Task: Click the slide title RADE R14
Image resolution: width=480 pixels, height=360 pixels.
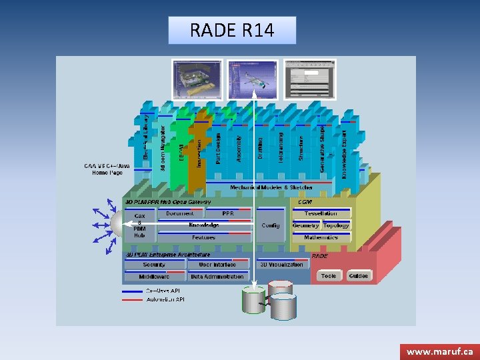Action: click(x=231, y=31)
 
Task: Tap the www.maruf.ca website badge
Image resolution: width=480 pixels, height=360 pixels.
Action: click(x=439, y=351)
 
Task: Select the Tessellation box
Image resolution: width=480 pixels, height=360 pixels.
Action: click(x=321, y=213)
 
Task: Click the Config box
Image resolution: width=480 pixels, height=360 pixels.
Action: click(x=271, y=225)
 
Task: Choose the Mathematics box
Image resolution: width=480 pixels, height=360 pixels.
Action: click(x=321, y=237)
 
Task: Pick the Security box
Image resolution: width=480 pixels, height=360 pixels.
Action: click(x=154, y=265)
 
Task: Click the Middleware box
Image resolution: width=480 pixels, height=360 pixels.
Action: click(x=154, y=276)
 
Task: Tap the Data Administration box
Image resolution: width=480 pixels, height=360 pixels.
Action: click(x=217, y=276)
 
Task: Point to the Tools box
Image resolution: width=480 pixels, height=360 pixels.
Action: click(x=329, y=276)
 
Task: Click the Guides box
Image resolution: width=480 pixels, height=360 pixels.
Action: click(x=358, y=276)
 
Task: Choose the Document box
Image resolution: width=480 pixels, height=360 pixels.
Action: click(x=180, y=213)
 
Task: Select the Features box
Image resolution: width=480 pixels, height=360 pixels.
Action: click(x=203, y=237)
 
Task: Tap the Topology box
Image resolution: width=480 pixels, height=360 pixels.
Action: click(x=336, y=225)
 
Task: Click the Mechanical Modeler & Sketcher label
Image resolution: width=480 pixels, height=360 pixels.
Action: click(x=271, y=187)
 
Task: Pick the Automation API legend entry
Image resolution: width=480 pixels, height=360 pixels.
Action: click(x=165, y=299)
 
